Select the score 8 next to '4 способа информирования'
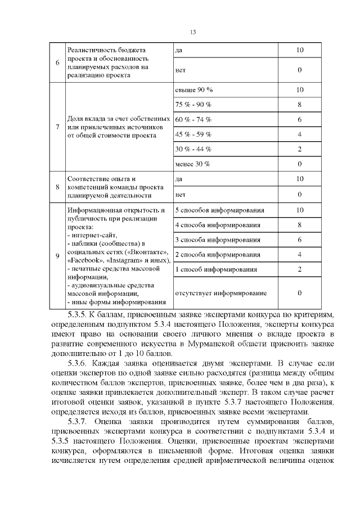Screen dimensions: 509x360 [x=299, y=225]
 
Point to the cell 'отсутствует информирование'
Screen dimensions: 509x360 [x=220, y=293]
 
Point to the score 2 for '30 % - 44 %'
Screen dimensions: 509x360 [x=299, y=149]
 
